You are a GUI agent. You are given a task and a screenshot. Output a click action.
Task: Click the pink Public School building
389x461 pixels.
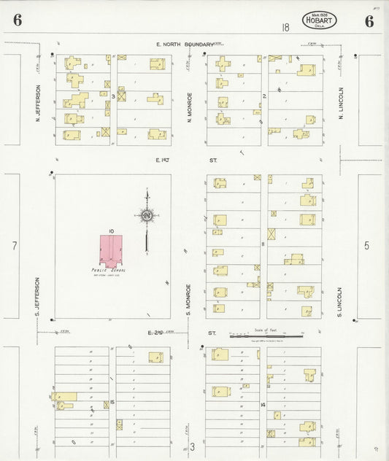[x=111, y=249]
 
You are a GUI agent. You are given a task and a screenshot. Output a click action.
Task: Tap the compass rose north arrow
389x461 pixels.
[x=147, y=216]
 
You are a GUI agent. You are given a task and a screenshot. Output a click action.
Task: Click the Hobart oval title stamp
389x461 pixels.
[x=319, y=20]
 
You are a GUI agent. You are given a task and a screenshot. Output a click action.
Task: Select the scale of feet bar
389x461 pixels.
[x=266, y=336]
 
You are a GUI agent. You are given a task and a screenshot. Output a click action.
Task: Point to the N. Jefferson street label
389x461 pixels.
[x=38, y=102]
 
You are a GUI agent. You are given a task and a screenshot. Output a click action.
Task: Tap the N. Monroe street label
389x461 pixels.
[x=189, y=106]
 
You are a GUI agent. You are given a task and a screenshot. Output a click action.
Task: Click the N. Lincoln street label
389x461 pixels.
[x=340, y=103]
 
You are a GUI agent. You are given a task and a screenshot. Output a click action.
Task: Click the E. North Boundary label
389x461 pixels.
[x=185, y=44]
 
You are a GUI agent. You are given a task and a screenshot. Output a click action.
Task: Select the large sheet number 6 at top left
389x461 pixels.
[x=16, y=20]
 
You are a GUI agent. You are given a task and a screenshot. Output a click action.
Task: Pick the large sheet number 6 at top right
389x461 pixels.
[x=369, y=20]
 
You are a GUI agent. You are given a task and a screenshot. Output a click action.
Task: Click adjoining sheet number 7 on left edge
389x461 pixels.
[x=14, y=246]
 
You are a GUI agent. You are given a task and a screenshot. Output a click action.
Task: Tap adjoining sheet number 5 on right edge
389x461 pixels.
[x=367, y=246]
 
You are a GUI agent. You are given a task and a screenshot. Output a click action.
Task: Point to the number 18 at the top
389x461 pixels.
[x=285, y=28]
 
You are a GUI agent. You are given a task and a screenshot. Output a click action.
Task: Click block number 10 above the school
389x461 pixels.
[x=111, y=231]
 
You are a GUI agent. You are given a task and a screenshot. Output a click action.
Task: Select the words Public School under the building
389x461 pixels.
[x=109, y=270]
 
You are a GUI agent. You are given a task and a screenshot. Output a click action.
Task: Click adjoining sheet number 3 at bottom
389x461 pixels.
[x=193, y=446]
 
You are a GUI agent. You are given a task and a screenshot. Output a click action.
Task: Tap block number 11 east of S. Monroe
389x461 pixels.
[x=263, y=244]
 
